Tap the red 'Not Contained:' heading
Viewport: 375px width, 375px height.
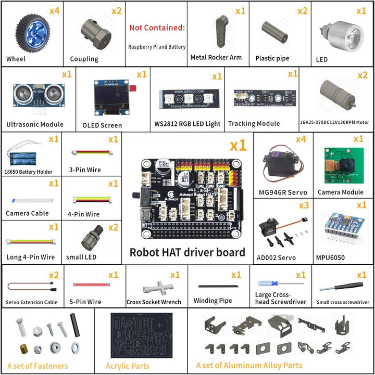[157, 28]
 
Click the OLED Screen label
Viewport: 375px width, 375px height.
[102, 125]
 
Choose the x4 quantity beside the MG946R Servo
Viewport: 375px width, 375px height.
[301, 139]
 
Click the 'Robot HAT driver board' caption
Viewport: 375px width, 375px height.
[187, 252]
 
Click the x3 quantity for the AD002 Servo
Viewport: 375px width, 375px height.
[304, 205]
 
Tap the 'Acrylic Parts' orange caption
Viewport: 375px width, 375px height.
[127, 366]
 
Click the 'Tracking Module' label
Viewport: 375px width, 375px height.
[254, 123]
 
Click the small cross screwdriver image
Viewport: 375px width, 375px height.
[337, 286]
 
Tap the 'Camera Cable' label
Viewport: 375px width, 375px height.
[27, 213]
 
